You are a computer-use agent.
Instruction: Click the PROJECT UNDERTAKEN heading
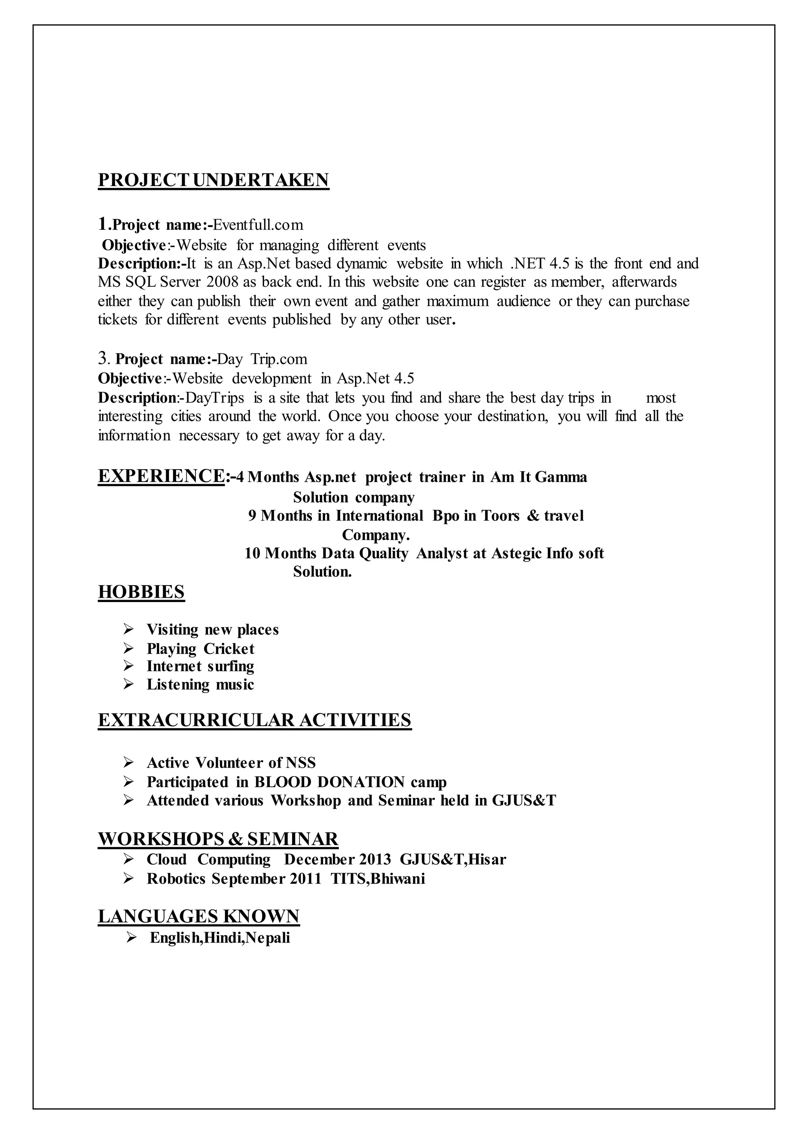tap(213, 180)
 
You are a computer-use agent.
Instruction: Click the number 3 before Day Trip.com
tap(103, 358)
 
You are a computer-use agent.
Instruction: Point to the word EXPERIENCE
tap(161, 476)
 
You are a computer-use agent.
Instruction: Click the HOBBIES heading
tap(141, 592)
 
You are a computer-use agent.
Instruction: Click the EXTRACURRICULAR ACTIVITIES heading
tap(255, 720)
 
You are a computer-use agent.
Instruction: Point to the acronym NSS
tap(301, 763)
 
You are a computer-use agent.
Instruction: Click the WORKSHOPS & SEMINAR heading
tap(218, 839)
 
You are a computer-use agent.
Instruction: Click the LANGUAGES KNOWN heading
tap(198, 916)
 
